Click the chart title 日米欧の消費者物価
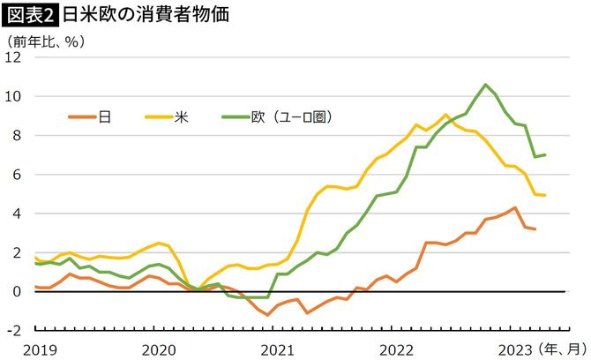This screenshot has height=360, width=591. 132,14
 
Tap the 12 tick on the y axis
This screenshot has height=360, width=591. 13,57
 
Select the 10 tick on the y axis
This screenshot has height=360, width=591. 13,96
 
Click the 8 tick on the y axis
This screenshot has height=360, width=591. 17,135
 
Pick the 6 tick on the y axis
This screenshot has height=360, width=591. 17,174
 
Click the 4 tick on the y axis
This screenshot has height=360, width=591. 17,214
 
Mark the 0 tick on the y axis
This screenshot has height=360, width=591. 17,291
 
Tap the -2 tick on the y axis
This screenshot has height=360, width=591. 14,330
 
